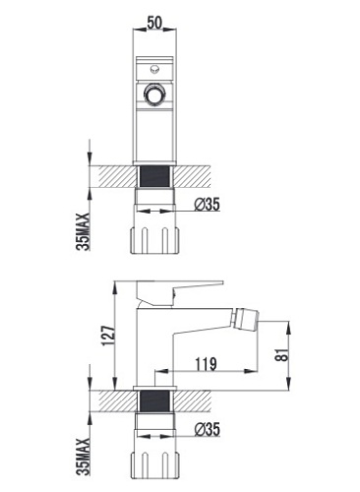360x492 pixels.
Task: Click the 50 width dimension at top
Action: pyautogui.click(x=154, y=23)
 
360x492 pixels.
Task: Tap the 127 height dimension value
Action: pyautogui.click(x=108, y=336)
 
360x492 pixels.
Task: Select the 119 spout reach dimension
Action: pyautogui.click(x=207, y=364)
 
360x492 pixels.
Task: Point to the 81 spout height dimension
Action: pyautogui.click(x=283, y=353)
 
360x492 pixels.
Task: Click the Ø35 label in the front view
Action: pyautogui.click(x=208, y=205)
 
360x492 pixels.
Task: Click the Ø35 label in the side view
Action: pyautogui.click(x=208, y=429)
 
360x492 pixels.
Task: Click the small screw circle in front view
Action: pyautogui.click(x=154, y=69)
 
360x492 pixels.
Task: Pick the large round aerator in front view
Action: pyautogui.click(x=154, y=94)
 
